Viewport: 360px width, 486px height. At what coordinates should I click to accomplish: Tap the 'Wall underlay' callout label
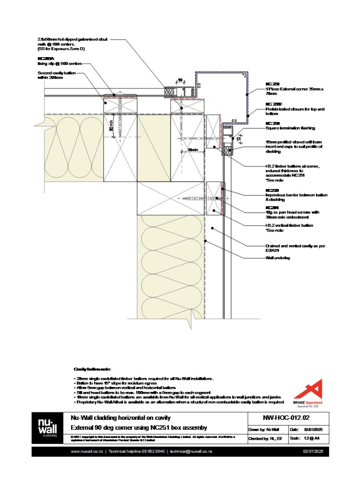[277, 258]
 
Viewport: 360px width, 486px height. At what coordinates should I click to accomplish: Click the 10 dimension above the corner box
[180, 80]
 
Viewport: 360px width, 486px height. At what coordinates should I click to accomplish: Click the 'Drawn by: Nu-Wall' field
[265, 430]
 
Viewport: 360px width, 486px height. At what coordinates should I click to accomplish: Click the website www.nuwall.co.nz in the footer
[87, 451]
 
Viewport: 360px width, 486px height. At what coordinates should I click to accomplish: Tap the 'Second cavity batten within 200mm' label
[57, 75]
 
